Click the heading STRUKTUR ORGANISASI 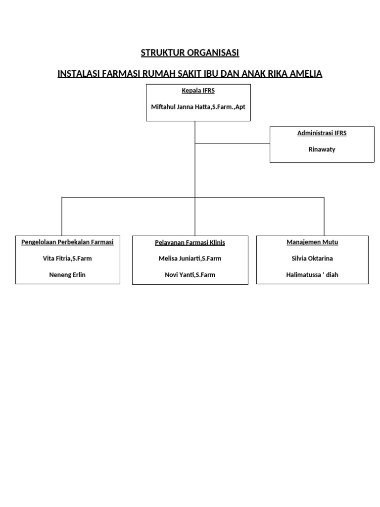[190, 53]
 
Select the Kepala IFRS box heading [198, 91]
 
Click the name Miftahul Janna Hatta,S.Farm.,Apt [198, 106]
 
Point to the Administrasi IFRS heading [322, 133]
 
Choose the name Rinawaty [322, 149]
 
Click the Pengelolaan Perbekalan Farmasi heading [67, 242]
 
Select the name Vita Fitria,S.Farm [67, 258]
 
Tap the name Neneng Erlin [67, 275]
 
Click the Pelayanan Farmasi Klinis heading [190, 243]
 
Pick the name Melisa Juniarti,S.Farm [190, 258]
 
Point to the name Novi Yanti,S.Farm [190, 275]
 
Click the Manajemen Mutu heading [312, 242]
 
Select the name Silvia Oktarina [312, 258]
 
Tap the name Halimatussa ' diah [312, 275]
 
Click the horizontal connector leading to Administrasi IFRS [233, 144]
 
